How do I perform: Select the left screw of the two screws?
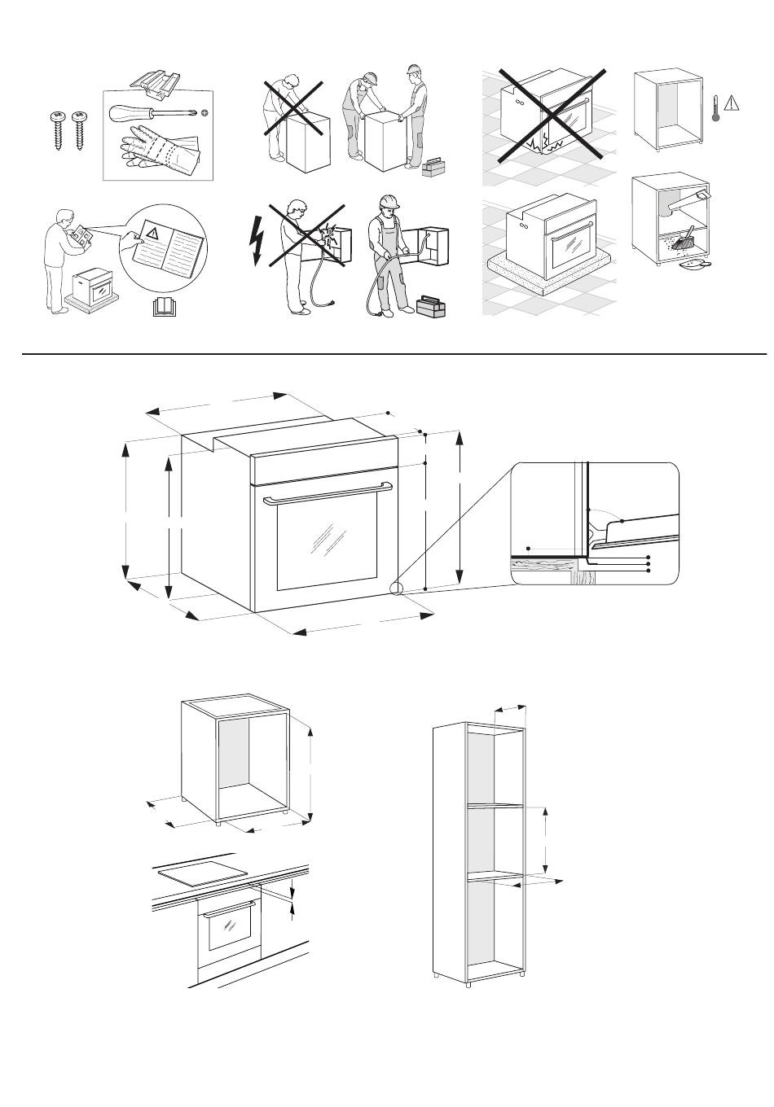click(58, 129)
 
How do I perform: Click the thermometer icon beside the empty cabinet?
click(715, 107)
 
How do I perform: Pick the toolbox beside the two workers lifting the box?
click(433, 167)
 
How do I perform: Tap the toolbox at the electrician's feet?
click(431, 308)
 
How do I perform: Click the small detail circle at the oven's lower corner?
click(396, 588)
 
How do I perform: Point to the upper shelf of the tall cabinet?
click(494, 806)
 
